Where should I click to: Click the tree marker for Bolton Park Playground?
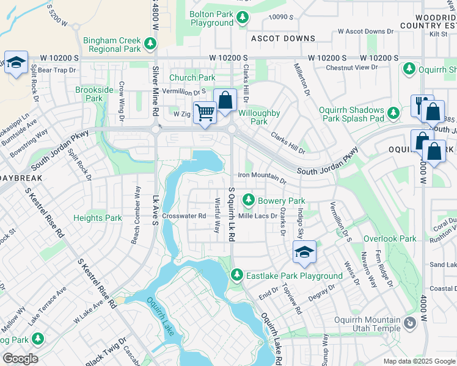point(243,18)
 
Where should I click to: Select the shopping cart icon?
point(205,112)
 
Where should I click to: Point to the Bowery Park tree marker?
point(249,200)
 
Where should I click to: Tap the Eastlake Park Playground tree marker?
point(237,276)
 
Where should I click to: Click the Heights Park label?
point(98,218)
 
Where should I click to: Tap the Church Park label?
point(192,77)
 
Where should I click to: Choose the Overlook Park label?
point(390,239)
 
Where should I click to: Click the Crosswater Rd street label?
point(184,216)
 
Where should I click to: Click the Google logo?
point(20,359)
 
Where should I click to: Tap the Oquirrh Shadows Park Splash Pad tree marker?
point(394,113)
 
